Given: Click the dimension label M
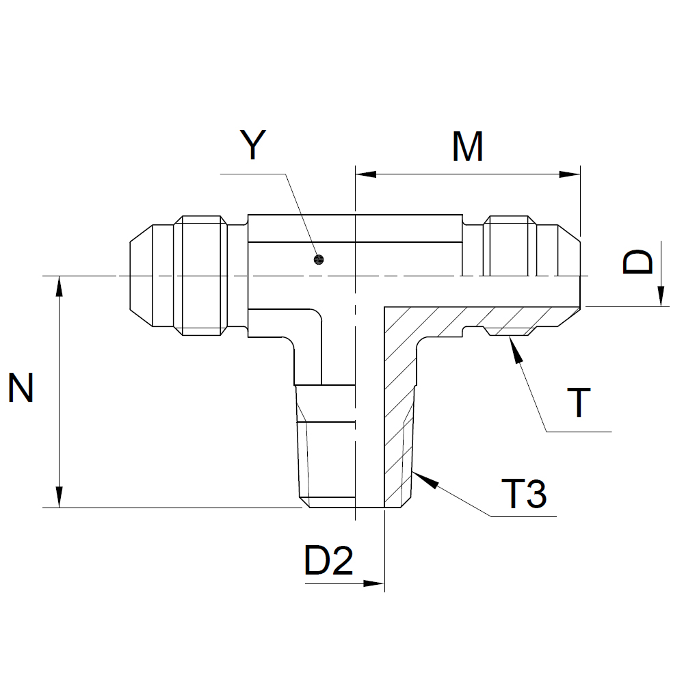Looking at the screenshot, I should (x=468, y=146).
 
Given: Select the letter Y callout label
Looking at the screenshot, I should (x=253, y=145).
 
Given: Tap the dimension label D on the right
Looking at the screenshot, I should (x=639, y=262).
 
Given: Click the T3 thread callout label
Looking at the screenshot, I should (x=524, y=494).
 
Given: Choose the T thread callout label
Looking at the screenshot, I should (x=579, y=403).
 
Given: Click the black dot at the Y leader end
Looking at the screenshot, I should (x=317, y=259).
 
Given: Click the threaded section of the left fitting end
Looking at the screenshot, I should (x=200, y=276).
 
